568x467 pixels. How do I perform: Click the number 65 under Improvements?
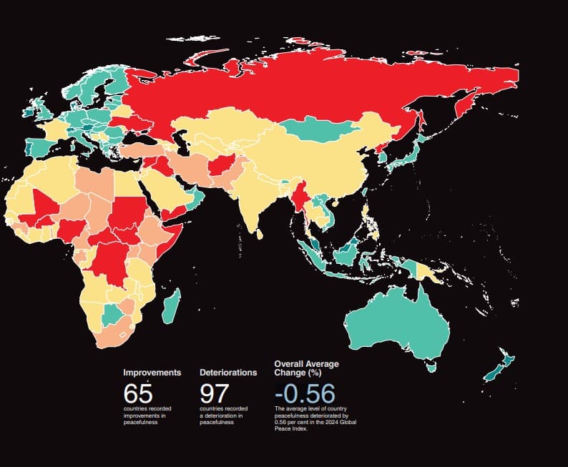point(138,394)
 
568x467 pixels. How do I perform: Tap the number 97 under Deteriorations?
point(214,394)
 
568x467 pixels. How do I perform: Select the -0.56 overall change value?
point(305,394)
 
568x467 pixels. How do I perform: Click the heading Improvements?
point(152,373)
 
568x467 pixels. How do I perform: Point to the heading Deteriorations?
point(228,373)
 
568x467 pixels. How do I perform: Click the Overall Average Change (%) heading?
point(306,368)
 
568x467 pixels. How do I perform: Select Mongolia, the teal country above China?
point(318,129)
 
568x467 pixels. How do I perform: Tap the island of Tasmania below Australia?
point(431,368)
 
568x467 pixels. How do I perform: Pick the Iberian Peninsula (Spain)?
point(40,146)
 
